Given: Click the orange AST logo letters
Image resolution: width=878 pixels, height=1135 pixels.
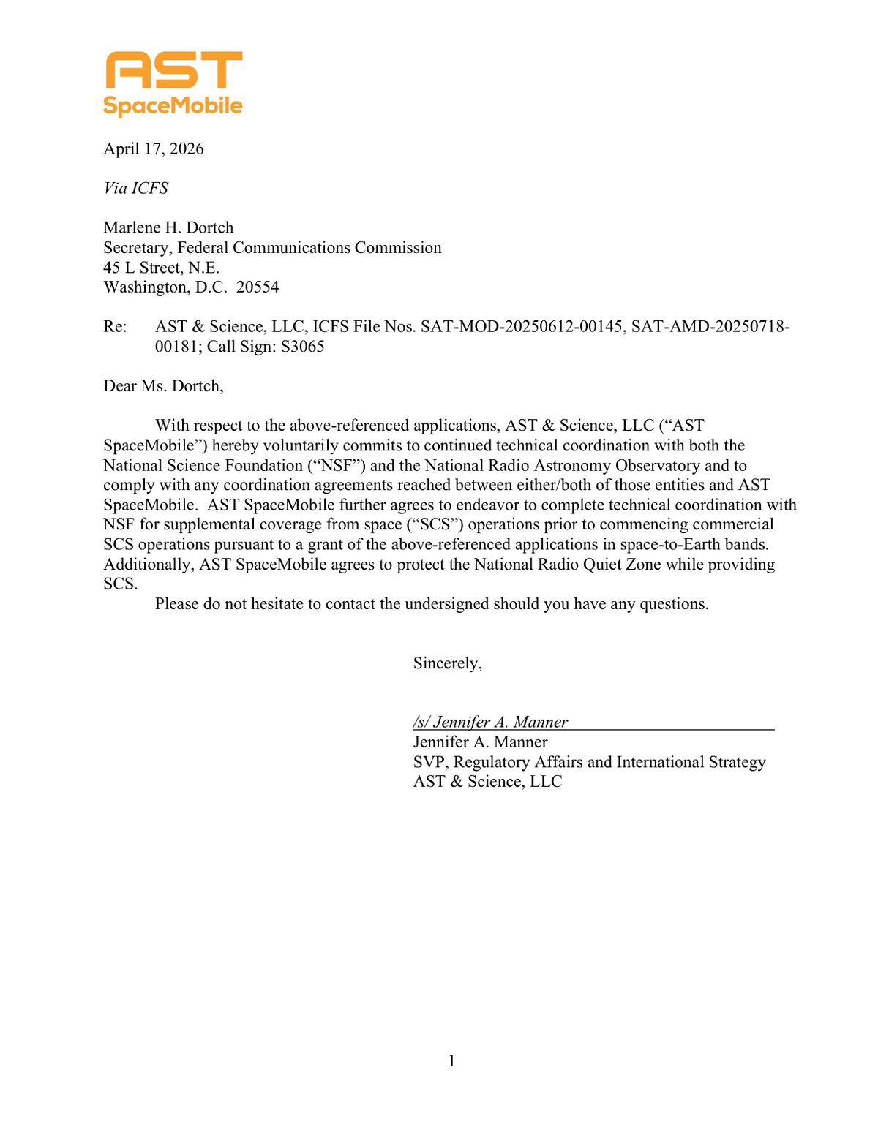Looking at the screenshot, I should tap(173, 70).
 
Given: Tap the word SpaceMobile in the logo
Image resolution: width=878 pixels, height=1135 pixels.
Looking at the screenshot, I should tap(173, 105).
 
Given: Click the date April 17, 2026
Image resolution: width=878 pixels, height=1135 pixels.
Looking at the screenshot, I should tap(154, 149).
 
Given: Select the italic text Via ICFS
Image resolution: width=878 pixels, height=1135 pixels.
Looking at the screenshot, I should tap(136, 189).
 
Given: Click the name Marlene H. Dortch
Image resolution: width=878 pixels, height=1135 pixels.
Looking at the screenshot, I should tap(168, 227).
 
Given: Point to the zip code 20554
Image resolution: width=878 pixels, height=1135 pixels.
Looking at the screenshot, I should tap(258, 287).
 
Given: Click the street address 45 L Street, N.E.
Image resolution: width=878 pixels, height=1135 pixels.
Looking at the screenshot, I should tap(161, 268).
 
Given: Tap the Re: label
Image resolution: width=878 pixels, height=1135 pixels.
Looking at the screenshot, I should tap(115, 327).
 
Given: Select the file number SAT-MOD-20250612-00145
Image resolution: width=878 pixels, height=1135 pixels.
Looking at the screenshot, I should tap(523, 327).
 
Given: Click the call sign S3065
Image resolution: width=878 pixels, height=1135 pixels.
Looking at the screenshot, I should tap(302, 347).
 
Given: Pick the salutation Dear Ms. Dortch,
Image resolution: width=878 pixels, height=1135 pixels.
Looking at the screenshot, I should tap(163, 386).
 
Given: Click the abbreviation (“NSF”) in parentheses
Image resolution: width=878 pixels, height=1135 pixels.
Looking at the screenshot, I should tap(337, 466).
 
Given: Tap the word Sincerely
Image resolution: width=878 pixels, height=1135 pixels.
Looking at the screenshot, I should tap(447, 663).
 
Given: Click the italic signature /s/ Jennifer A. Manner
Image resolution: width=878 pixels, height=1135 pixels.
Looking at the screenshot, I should tap(490, 723).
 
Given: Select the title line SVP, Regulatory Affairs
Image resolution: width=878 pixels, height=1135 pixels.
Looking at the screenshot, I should tap(589, 762).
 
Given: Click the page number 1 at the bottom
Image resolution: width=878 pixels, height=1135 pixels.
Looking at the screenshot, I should tap(451, 1061).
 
